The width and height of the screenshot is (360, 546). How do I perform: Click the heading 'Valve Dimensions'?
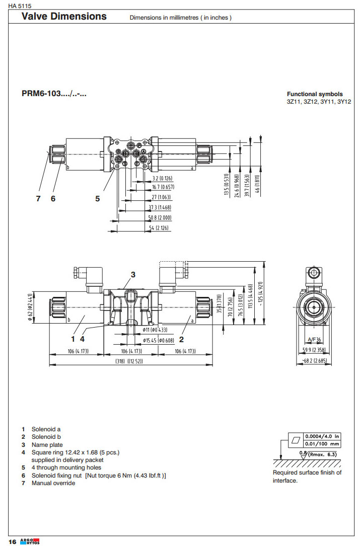pos(64,16)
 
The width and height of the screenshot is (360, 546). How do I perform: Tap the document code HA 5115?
pos(19,5)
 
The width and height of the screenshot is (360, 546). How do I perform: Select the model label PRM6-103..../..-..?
pos(54,94)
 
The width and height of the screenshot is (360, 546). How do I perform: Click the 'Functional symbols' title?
pos(315,94)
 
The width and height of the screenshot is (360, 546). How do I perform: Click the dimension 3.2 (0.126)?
pos(162,179)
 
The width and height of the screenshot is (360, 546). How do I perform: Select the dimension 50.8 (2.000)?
pos(161,218)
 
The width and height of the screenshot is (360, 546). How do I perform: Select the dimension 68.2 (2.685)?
pos(315,360)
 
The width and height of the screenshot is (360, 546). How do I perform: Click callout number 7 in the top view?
pos(38,198)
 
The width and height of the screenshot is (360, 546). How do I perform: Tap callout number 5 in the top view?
pos(98,198)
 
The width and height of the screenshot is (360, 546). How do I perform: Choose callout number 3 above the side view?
pos(133,274)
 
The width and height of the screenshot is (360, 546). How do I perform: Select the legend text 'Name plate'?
pos(47,445)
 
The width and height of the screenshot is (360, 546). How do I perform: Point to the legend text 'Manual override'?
pos(53,483)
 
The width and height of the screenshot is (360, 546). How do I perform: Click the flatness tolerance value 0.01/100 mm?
pos(322,444)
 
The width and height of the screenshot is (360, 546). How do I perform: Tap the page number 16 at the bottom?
pos(12,541)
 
